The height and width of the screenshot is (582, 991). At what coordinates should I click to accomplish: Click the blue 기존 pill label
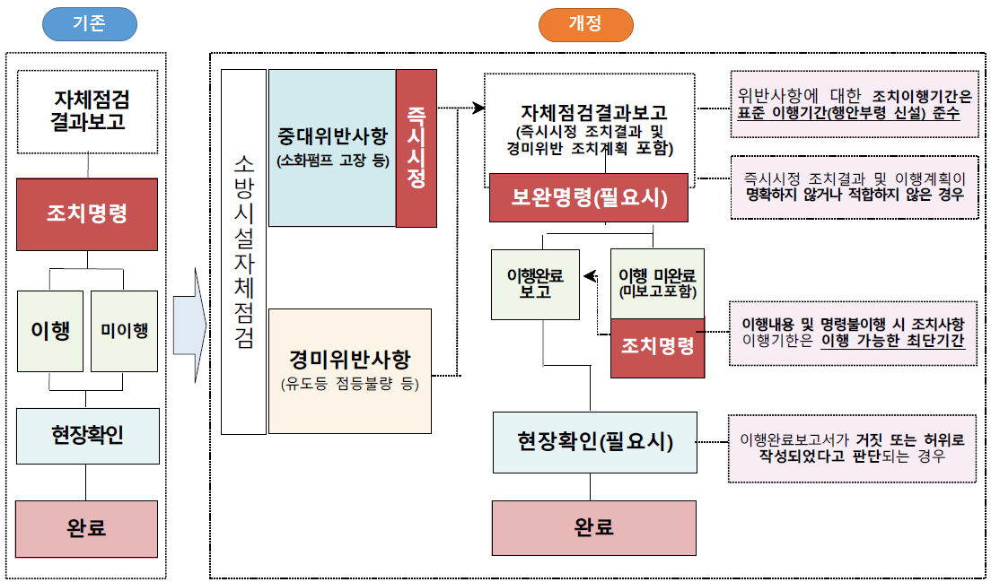pos(90,24)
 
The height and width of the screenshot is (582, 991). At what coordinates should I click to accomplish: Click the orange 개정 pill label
pos(586,24)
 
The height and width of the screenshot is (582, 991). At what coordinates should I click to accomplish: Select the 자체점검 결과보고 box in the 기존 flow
pos(87,112)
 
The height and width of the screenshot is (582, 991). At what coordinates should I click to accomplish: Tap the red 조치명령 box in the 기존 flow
pos(87,214)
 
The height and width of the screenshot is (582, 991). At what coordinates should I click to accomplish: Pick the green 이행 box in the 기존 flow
pos(50,331)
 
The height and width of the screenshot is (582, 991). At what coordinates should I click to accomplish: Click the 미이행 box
pos(124,331)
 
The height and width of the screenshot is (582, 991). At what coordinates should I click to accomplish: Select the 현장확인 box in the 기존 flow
pos(88,436)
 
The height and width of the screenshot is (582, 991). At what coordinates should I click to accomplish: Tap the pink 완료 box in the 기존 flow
pos(86,529)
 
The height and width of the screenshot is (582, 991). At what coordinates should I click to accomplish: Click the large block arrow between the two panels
pos(189,326)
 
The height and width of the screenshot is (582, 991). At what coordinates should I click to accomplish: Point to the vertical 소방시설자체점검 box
pos(243,252)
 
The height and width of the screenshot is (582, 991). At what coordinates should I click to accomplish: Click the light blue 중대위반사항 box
pos(332,148)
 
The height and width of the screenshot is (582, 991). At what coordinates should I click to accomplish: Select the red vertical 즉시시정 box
pos(417,148)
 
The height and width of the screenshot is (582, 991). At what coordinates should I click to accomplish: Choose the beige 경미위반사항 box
pos(350,371)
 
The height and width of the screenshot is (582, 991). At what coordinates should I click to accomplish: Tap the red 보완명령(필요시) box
pos(589,197)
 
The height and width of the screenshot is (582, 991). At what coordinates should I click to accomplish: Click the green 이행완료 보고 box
pos(535,284)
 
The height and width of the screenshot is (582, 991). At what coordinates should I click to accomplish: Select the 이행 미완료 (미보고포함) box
pos(657,283)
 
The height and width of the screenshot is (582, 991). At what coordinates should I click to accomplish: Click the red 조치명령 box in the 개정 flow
pos(657,348)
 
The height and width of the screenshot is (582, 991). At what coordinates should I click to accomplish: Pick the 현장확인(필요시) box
pos(595,442)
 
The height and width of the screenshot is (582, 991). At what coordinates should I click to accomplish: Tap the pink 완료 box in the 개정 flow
pos(594,527)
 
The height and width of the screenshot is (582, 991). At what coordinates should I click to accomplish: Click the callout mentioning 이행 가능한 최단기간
pos(854,333)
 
